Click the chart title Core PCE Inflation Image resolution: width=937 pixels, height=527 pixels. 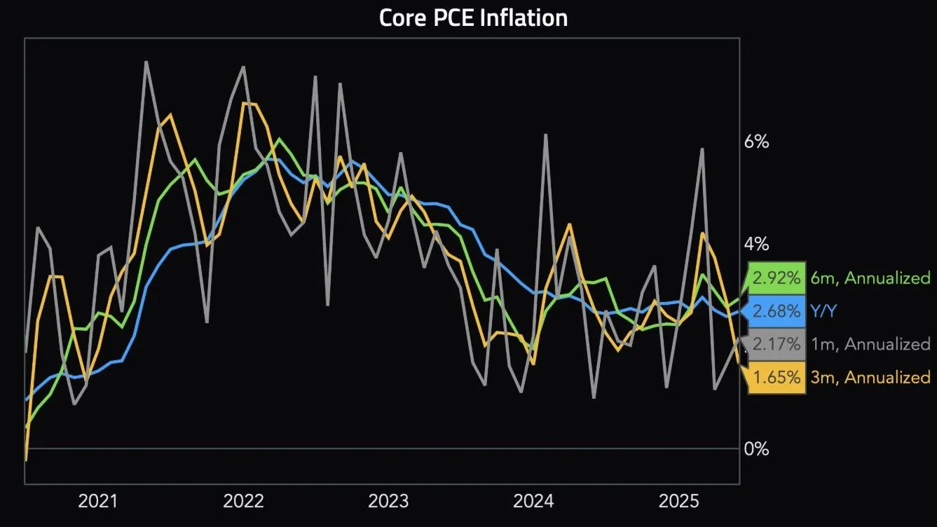point(473,18)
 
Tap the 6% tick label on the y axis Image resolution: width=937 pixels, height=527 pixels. point(756,142)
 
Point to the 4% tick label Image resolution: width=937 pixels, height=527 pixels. point(756,245)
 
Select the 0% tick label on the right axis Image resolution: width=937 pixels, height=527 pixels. point(756,449)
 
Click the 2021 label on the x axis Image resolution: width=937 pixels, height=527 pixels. point(97,501)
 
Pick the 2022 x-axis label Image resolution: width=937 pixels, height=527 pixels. point(243,501)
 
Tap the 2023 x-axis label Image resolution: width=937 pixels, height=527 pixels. point(388,501)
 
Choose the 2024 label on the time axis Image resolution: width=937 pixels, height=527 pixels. point(533,501)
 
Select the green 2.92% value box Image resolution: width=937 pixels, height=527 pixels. point(777,278)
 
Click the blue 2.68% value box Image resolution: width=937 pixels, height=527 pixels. point(777,311)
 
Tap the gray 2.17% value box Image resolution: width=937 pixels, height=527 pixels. point(777,344)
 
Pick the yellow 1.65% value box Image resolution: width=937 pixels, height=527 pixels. point(777,377)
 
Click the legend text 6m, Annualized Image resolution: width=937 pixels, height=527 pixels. point(869,278)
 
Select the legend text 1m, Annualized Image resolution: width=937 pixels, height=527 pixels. point(869,344)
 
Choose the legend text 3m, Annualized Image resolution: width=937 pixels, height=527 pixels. point(869,377)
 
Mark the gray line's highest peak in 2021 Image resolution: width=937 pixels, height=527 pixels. point(146,62)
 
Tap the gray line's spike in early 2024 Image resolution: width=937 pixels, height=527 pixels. point(545,134)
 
